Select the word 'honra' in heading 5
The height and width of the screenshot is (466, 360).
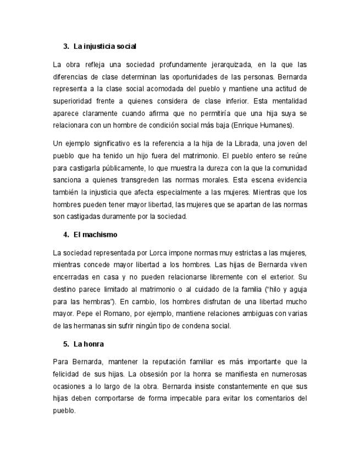(x=93, y=344)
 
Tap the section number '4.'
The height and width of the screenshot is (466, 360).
(x=67, y=235)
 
